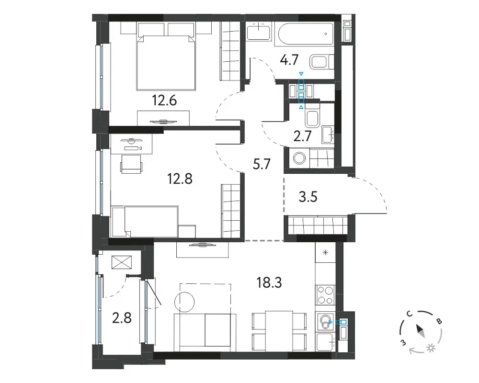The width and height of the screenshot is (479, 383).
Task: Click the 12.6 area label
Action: (164, 100)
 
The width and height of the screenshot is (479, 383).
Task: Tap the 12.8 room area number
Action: (180, 179)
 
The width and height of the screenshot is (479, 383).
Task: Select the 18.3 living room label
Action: (269, 283)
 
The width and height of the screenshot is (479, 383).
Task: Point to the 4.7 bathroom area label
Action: (289, 60)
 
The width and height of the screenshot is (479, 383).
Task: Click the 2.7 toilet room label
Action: (302, 136)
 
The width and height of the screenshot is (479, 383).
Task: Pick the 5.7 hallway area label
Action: (262, 164)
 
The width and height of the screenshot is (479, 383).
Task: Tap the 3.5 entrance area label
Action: (308, 197)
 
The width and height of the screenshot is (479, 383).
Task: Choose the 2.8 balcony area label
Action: (122, 318)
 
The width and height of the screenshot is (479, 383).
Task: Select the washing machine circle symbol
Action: (299, 158)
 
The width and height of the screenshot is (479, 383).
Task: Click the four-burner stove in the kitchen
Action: (325, 295)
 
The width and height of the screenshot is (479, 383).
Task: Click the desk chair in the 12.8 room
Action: (131, 164)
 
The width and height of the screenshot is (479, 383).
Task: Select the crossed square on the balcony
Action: (122, 262)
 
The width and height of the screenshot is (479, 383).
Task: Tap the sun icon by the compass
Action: (431, 348)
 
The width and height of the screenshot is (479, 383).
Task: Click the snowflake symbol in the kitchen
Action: (326, 252)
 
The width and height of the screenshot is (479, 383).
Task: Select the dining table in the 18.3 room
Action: (279, 331)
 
